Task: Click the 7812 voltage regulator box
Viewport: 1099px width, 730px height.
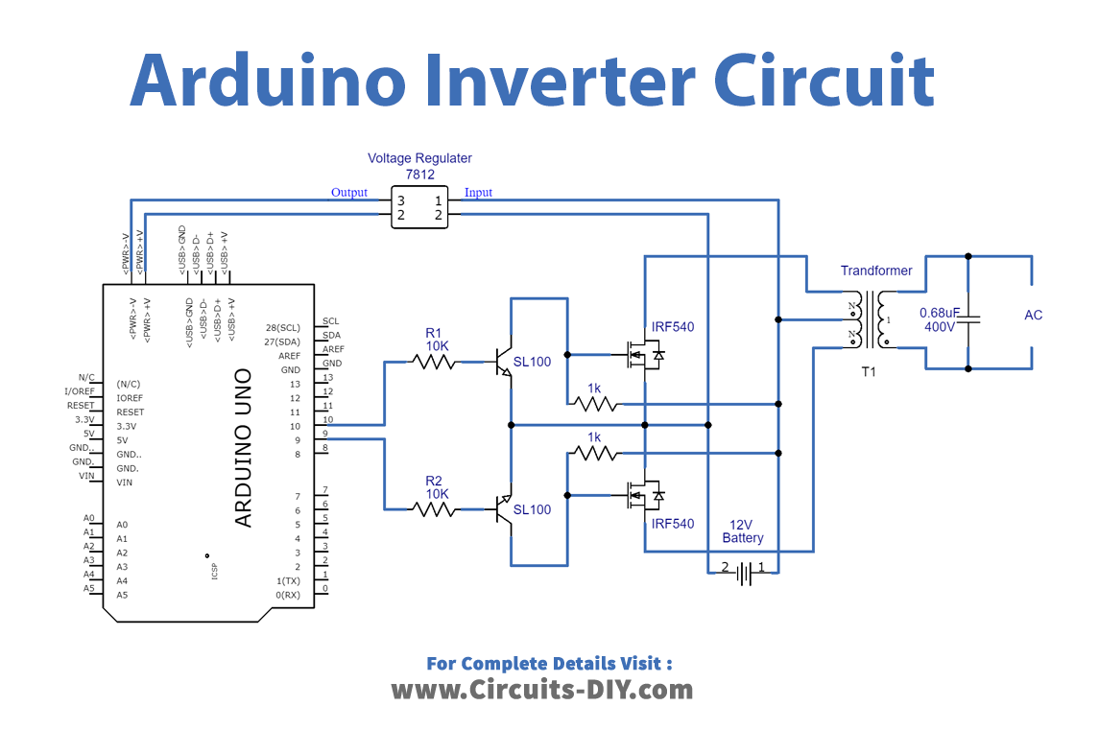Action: click(x=419, y=207)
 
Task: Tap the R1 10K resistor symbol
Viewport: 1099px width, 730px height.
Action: click(x=434, y=362)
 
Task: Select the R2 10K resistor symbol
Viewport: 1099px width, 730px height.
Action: click(x=434, y=509)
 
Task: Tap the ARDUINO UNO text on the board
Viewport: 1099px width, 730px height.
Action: click(x=244, y=447)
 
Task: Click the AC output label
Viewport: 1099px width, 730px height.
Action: click(x=1033, y=315)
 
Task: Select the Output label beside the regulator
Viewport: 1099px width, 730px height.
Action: click(x=349, y=193)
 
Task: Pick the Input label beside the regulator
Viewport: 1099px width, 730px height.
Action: click(x=478, y=193)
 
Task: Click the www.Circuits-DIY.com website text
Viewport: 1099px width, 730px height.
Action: click(x=541, y=689)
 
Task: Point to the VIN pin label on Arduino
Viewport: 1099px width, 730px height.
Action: click(x=125, y=483)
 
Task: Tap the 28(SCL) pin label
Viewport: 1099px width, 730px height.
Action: click(x=282, y=327)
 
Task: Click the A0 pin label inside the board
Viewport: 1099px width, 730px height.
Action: click(x=122, y=525)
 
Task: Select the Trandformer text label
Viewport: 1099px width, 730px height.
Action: click(x=876, y=271)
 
